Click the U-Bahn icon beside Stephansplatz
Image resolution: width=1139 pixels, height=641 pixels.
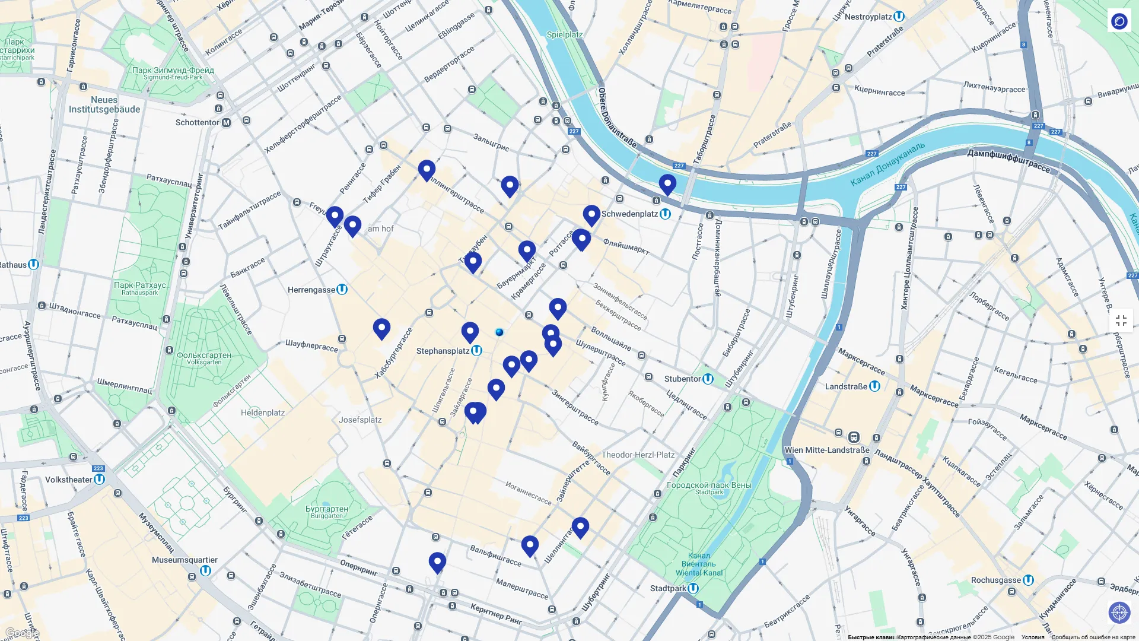[476, 351]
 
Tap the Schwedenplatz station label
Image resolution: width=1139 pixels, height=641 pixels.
[629, 214]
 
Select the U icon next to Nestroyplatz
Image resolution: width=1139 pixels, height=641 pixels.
[899, 17]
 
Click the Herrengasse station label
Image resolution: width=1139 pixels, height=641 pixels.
[311, 290]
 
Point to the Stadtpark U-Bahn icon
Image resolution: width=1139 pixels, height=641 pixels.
[693, 588]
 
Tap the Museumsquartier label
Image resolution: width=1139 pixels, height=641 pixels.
[184, 560]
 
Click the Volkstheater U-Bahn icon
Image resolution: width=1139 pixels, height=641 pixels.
[100, 479]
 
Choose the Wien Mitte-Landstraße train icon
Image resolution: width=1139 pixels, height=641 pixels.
[854, 437]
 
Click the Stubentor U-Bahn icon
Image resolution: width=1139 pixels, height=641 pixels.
[708, 379]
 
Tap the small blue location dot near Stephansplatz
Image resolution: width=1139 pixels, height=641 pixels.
[499, 332]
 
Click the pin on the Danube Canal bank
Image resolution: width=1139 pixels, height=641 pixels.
[667, 184]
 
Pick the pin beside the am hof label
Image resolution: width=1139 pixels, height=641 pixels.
[353, 226]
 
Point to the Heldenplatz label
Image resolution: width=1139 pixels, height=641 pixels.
[263, 412]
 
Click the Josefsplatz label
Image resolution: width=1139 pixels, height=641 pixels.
[360, 420]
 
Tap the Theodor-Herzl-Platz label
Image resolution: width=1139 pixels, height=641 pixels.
[638, 455]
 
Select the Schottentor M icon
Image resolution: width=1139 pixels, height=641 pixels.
[226, 122]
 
